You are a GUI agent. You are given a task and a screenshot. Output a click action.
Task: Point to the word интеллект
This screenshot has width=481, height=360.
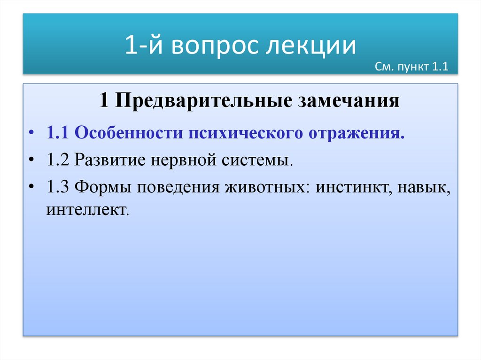coord(86,209)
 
